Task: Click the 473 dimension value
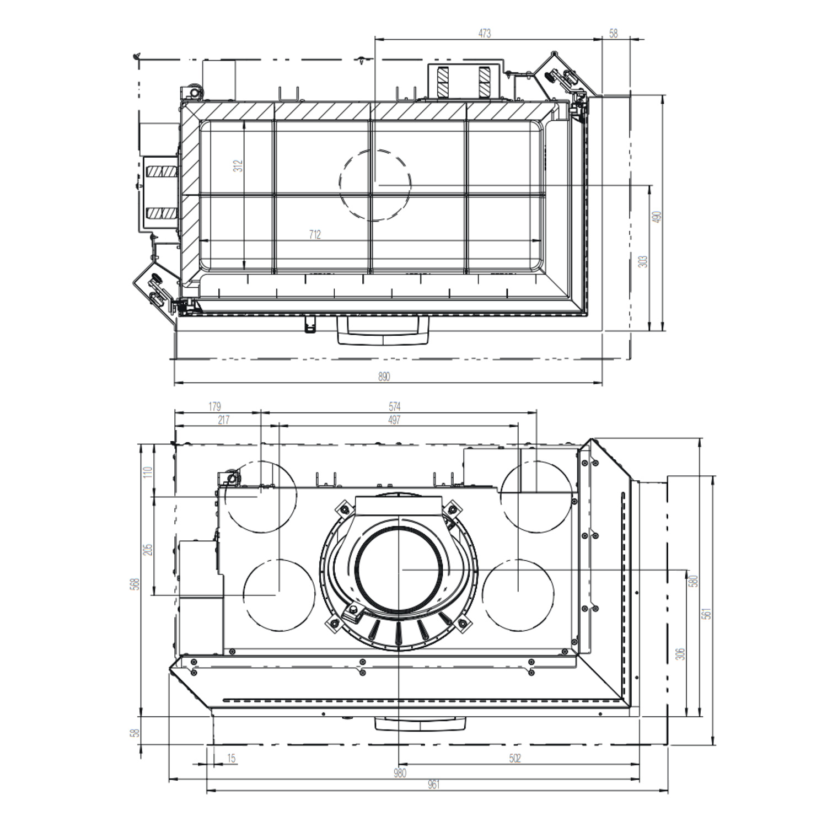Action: [x=484, y=34]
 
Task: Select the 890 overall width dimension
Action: [x=384, y=377]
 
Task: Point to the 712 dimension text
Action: [x=314, y=235]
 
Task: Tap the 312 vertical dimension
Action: [x=238, y=165]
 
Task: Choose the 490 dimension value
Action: [x=656, y=217]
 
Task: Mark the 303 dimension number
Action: [x=643, y=261]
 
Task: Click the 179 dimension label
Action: [x=214, y=406]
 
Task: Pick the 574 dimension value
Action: [x=395, y=406]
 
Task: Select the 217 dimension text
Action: [x=223, y=420]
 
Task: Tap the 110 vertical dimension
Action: [x=148, y=472]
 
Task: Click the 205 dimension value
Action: [x=148, y=550]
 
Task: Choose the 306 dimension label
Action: [x=681, y=654]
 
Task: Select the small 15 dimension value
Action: [x=231, y=759]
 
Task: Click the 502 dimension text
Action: [x=514, y=759]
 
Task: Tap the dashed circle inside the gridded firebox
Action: [x=375, y=185]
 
